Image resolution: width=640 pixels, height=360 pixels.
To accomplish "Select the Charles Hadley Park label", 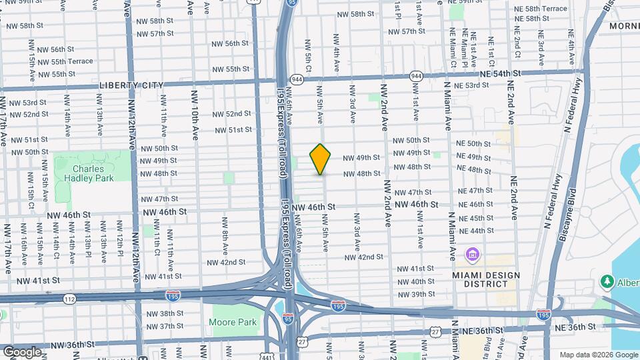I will [89, 173].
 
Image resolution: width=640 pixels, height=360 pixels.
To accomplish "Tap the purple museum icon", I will [473, 254].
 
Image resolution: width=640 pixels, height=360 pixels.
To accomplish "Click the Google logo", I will [22, 351].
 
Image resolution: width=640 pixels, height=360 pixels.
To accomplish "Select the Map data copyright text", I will [599, 355].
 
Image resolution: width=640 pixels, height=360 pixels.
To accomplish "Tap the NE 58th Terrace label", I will [541, 8].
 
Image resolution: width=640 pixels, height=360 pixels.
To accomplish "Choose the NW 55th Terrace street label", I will [62, 61].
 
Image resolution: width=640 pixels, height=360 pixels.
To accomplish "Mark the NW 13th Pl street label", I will [88, 245].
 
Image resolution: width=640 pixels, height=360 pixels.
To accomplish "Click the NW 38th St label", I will [164, 313].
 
